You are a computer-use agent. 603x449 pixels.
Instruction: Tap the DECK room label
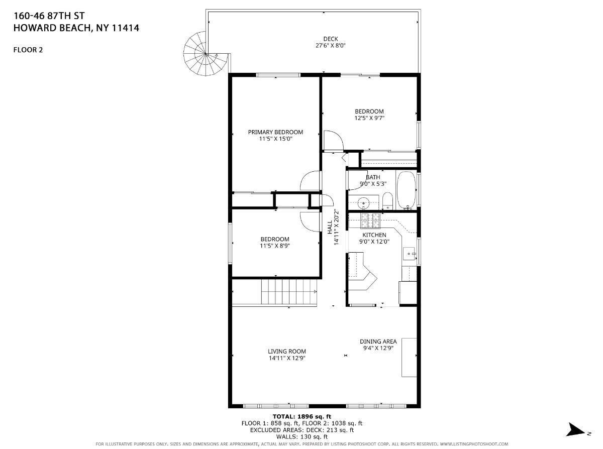[330, 39]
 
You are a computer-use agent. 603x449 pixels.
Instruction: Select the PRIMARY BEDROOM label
[276, 132]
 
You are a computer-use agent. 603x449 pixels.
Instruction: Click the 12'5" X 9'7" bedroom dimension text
[369, 119]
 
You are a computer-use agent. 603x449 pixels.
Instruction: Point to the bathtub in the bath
[406, 190]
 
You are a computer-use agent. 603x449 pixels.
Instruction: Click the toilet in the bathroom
[387, 201]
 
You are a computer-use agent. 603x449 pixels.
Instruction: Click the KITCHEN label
[374, 235]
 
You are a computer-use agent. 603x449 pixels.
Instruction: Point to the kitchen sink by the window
[409, 253]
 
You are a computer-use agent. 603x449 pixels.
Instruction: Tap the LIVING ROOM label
[286, 351]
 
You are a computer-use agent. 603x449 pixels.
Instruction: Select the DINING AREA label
[378, 341]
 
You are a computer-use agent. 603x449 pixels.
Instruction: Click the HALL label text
[330, 228]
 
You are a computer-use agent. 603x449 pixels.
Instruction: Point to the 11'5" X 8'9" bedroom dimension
[275, 246]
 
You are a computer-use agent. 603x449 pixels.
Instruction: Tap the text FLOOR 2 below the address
[28, 49]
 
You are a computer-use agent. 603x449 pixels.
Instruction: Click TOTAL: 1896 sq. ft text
[301, 416]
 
